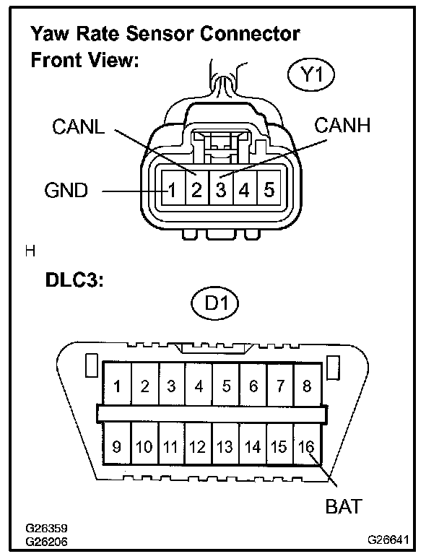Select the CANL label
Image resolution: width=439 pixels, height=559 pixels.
79,128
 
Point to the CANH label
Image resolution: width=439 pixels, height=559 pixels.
342,125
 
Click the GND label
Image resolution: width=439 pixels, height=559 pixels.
66,191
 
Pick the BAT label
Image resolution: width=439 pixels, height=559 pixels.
343,506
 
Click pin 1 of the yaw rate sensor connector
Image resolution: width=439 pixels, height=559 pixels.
173,191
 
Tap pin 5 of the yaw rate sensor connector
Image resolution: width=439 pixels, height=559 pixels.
268,191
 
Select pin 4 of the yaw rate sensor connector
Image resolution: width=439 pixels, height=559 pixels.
244,191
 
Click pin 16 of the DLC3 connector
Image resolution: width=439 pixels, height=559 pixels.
307,446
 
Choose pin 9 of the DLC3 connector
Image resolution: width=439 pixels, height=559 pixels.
116,446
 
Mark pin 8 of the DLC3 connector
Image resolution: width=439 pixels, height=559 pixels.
307,386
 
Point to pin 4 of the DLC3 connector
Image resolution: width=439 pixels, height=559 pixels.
199,386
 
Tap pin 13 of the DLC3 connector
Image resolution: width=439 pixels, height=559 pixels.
225,446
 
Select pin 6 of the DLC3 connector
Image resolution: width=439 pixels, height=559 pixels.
253,386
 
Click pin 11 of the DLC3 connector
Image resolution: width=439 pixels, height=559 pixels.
170,446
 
